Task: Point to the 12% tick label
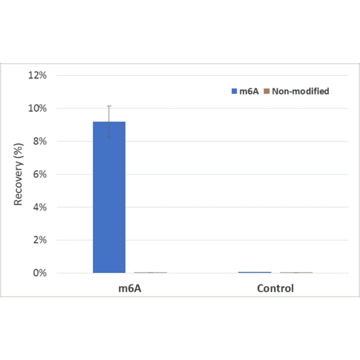pyautogui.click(x=38, y=75)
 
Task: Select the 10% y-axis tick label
pyautogui.click(x=38, y=108)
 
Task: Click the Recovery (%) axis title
pyautogui.click(x=18, y=175)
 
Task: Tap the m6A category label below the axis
pyautogui.click(x=130, y=288)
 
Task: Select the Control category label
pyautogui.click(x=275, y=288)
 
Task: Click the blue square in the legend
pyautogui.click(x=234, y=91)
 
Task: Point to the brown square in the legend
pyautogui.click(x=267, y=91)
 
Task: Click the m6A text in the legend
pyautogui.click(x=248, y=91)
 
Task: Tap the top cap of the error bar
pyautogui.click(x=109, y=106)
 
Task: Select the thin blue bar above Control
pyautogui.click(x=255, y=272)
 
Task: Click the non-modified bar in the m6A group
pyautogui.click(x=150, y=272)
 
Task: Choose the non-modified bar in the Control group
pyautogui.click(x=296, y=272)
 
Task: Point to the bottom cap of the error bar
pyautogui.click(x=109, y=137)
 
